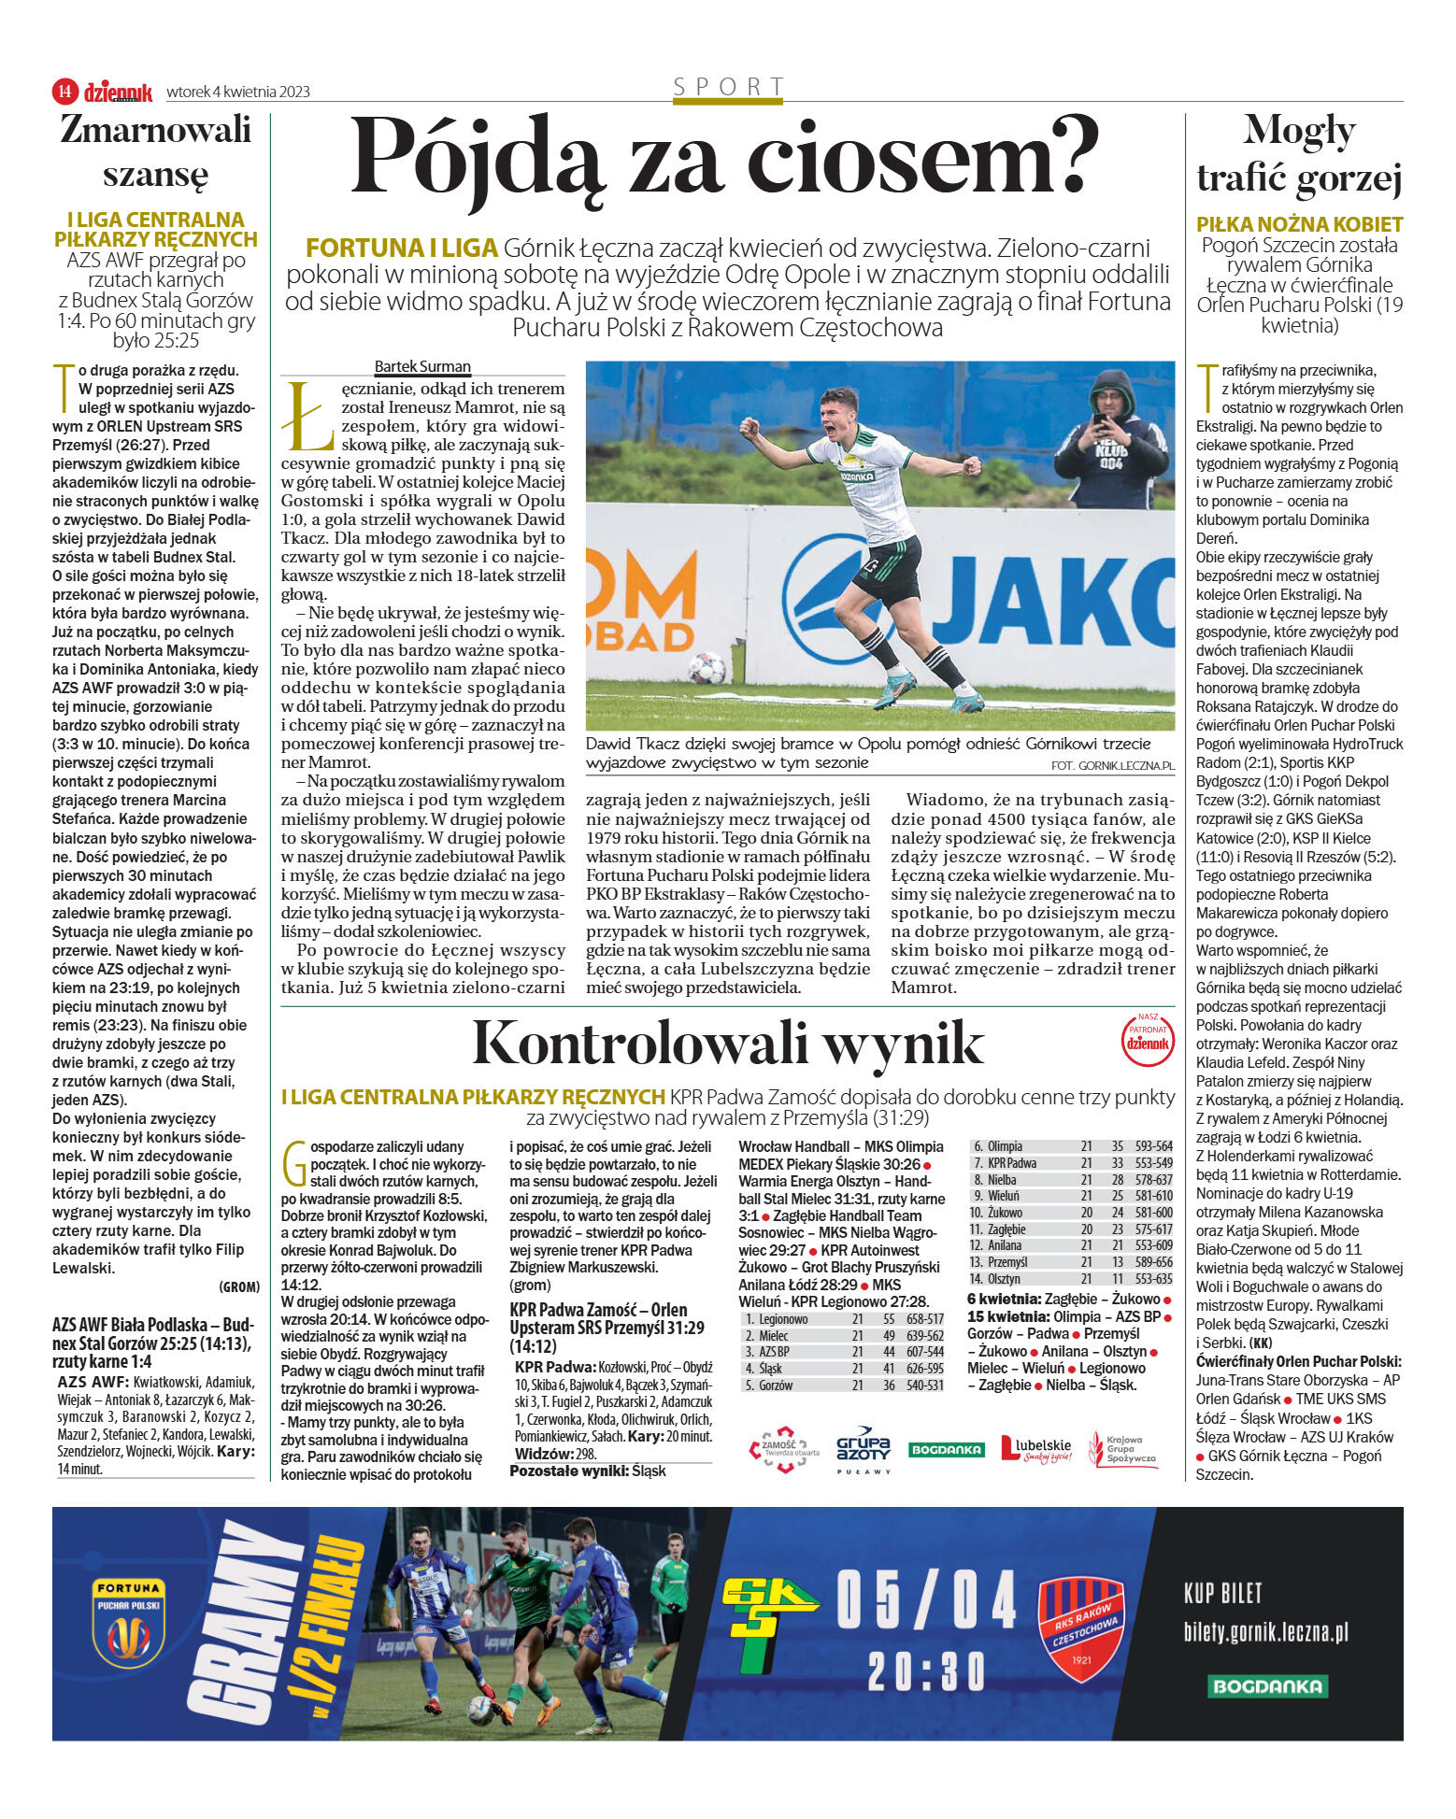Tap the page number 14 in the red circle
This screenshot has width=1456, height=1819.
64,91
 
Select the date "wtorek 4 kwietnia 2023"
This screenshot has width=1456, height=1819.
237,92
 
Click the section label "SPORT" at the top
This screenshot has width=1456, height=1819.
728,87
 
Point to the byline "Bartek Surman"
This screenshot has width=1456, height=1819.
422,366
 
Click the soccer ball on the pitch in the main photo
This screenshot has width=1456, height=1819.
707,667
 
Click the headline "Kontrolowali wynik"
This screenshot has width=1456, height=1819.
727,1043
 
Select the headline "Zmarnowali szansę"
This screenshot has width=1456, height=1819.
155,151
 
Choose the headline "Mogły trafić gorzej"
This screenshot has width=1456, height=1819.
1299,155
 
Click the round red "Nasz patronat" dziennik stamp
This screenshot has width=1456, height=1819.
1147,1039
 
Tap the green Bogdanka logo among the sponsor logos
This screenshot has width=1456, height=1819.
946,1449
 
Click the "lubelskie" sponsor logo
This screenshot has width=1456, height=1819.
1035,1449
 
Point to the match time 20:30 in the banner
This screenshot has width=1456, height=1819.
926,1670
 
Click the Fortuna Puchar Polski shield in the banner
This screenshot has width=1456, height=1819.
129,1622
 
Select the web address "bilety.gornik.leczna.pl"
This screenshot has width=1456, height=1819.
1265,1632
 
